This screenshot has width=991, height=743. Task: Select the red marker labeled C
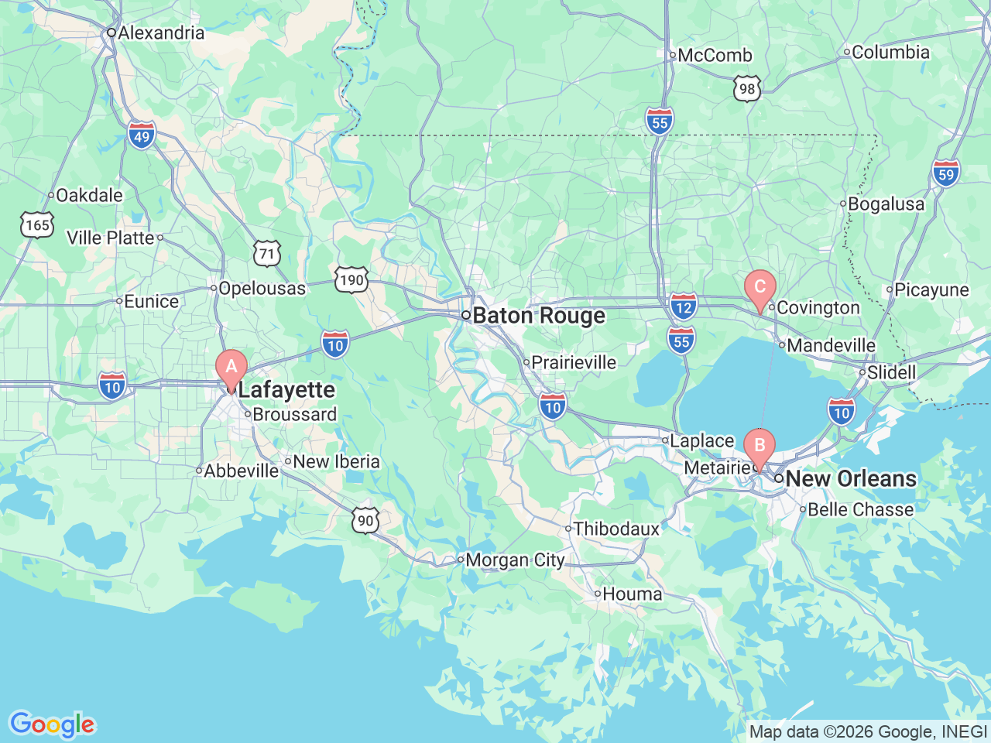(760, 288)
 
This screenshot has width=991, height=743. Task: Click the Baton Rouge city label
(538, 316)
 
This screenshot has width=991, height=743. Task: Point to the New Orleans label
(850, 478)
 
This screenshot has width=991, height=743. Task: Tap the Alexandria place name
(161, 33)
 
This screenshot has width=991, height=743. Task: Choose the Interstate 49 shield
(142, 136)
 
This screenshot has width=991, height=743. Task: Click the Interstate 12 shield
(684, 306)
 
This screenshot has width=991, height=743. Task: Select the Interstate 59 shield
(946, 173)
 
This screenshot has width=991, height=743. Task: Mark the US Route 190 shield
(351, 279)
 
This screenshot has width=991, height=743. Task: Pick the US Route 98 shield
(747, 88)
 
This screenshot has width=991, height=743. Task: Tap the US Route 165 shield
(36, 225)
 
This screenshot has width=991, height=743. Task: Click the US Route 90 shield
(365, 520)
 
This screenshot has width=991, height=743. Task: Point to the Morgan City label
(515, 560)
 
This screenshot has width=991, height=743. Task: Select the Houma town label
(632, 594)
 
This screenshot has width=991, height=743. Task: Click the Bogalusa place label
(886, 204)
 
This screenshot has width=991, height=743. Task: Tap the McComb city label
(715, 55)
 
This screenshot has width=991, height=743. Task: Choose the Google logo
(52, 724)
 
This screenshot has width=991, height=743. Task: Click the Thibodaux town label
(616, 529)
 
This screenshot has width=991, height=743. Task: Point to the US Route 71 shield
(267, 253)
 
